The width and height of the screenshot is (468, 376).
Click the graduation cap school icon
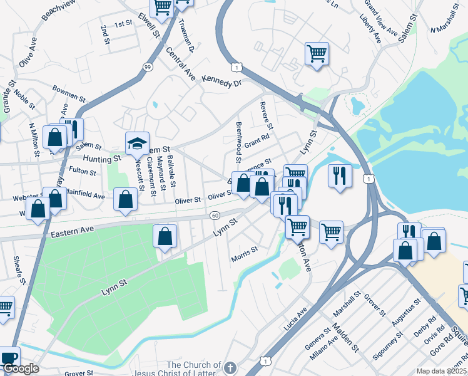pyautogui.click(x=138, y=144)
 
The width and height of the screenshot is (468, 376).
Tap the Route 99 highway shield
pyautogui.click(x=147, y=67)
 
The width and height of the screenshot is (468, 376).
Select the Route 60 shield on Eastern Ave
pyautogui.click(x=215, y=215)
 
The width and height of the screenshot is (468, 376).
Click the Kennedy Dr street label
pyautogui.click(x=221, y=83)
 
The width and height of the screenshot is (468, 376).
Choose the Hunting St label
pyautogui.click(x=102, y=160)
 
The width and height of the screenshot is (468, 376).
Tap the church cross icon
pyautogui.click(x=230, y=367)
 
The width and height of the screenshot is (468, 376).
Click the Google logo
pyautogui.click(x=20, y=368)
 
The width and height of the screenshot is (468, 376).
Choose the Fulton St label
pyautogui.click(x=83, y=171)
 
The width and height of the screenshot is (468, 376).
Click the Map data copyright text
pyautogui.click(x=441, y=370)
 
